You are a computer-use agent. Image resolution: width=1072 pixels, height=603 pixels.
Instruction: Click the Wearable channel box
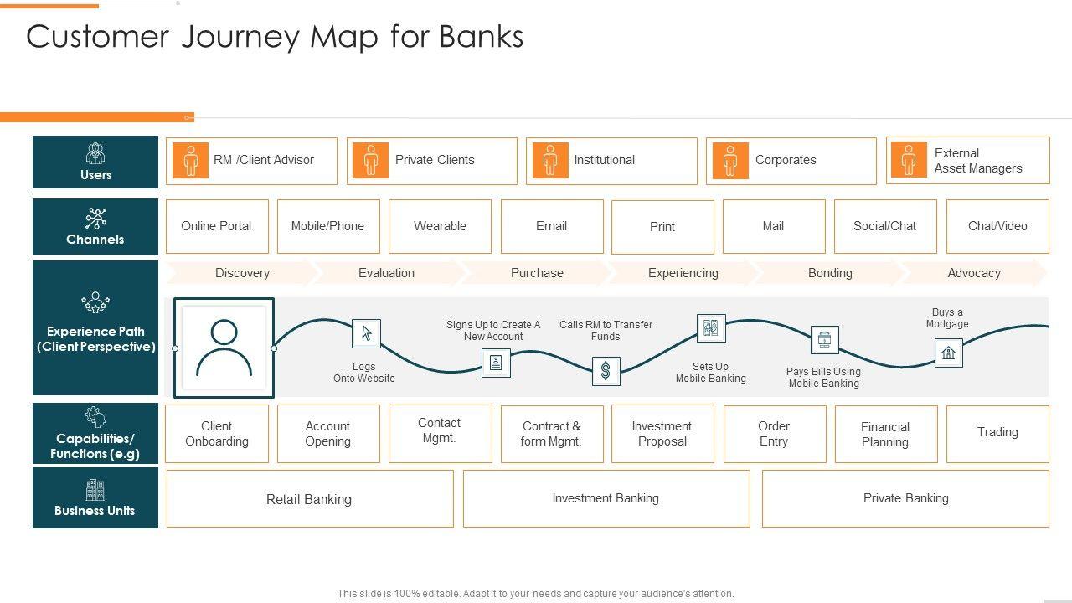[x=440, y=226]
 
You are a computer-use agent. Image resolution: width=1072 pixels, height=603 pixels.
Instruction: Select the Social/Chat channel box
[x=884, y=226]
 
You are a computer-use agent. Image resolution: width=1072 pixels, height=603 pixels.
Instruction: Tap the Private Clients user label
[x=435, y=160]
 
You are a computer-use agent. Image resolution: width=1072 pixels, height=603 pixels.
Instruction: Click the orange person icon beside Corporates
[x=729, y=160]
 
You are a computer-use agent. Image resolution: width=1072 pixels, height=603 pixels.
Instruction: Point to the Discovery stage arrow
[x=242, y=273]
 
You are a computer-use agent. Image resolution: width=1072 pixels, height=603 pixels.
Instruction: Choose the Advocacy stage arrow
[x=973, y=273]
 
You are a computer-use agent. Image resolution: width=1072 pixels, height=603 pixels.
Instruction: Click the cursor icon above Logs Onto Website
[x=366, y=333]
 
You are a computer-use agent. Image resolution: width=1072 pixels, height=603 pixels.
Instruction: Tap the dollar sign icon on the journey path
[x=606, y=370]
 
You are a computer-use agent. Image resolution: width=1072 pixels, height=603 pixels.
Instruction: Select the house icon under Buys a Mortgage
[x=948, y=353]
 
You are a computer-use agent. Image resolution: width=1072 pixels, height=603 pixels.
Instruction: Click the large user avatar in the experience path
[x=224, y=348]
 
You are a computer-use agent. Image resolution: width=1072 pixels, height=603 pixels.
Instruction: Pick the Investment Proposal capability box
[x=662, y=434]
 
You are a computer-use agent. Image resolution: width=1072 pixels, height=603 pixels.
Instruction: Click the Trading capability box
[x=997, y=433]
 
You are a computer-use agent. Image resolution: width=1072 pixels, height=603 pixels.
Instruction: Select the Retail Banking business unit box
[x=309, y=499]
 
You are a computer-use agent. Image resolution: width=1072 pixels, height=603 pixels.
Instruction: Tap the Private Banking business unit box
[x=905, y=498]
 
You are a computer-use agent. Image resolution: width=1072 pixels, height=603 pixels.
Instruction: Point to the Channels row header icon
[x=95, y=219]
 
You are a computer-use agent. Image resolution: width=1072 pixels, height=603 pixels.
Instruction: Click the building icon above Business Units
[x=95, y=490]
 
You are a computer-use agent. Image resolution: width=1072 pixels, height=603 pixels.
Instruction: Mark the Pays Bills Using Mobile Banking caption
[x=823, y=378]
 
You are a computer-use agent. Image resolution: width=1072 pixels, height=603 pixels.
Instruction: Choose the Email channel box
[x=551, y=226]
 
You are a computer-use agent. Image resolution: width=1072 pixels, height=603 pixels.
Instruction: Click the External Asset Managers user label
[x=977, y=161]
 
